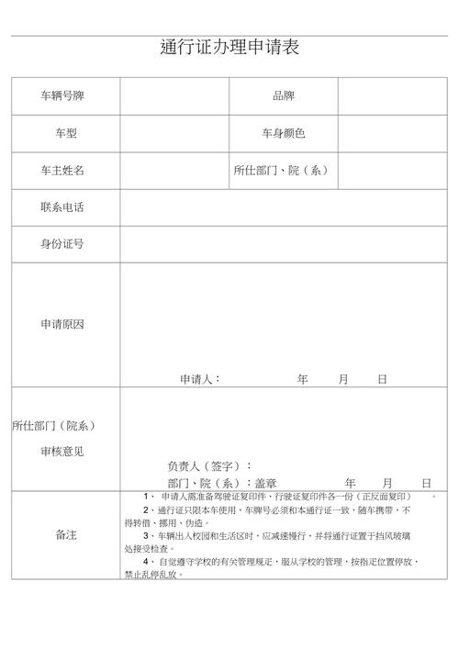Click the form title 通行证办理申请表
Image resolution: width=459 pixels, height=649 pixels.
point(229,48)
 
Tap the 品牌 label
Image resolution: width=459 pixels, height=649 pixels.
point(283,96)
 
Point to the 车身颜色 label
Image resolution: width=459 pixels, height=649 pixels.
point(283,134)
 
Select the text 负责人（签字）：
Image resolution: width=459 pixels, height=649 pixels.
point(209,465)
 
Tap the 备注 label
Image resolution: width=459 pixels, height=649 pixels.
point(66,534)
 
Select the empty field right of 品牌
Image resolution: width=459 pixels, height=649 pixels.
point(392,96)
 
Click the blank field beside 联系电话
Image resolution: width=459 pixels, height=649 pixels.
point(283,207)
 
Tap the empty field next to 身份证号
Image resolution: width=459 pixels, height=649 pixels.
point(283,244)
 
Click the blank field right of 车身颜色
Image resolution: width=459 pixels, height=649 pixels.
point(392,134)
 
